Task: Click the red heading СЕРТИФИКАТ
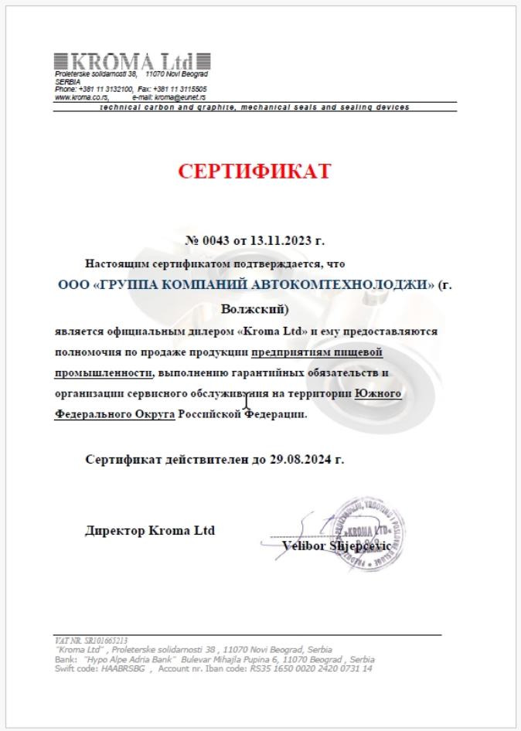click(x=254, y=172)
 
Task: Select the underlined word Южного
click(x=377, y=394)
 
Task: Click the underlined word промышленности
click(x=102, y=373)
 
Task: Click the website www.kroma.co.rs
click(x=80, y=98)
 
